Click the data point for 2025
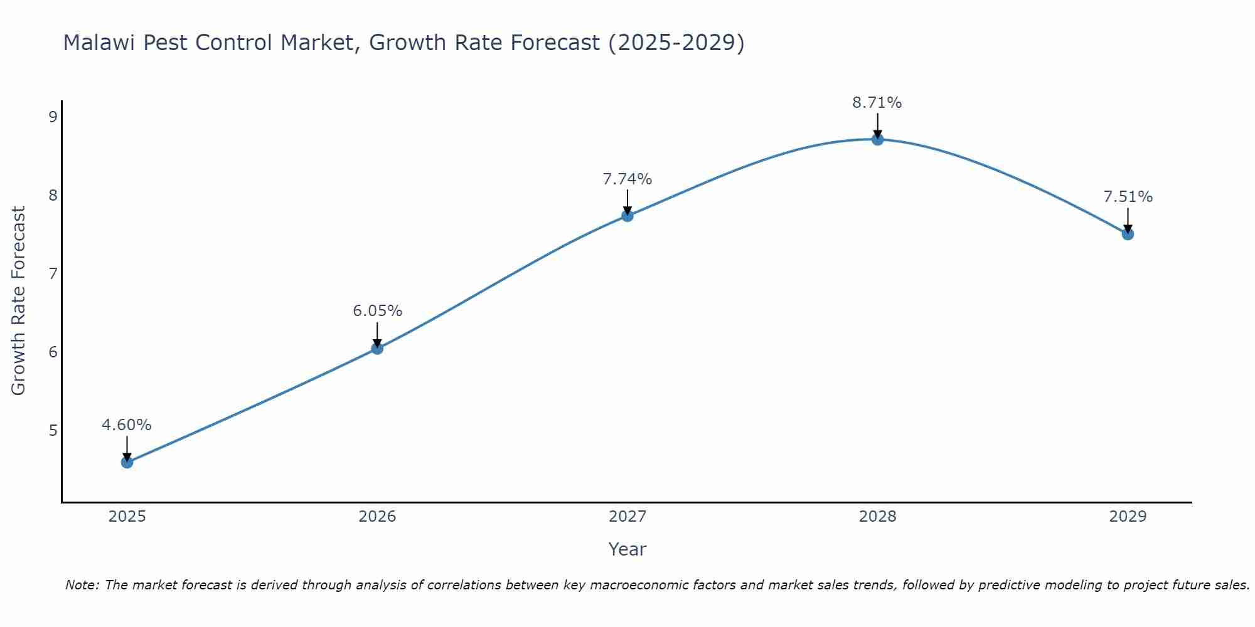pos(127,463)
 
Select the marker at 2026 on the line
pos(377,349)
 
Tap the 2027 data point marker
pos(627,216)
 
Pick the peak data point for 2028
pos(878,139)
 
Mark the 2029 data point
pos(1128,234)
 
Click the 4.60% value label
pos(127,425)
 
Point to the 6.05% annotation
pos(377,311)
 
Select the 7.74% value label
pos(627,179)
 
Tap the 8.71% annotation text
pos(877,103)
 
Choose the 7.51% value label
pos(1128,197)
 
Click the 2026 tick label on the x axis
pos(377,517)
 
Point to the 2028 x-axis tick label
pos(878,517)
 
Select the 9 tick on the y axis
pos(53,117)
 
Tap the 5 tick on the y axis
pos(53,430)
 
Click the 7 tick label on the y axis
pos(53,273)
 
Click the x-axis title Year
pos(627,549)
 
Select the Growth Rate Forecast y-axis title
pos(19,301)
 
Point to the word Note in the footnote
pos(82,585)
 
